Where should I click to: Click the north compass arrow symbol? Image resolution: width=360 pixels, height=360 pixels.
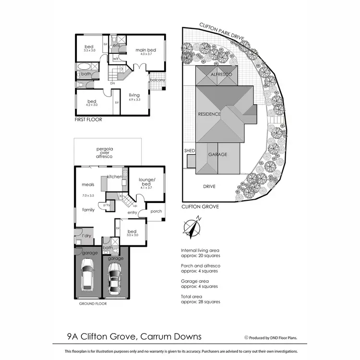click(x=193, y=228)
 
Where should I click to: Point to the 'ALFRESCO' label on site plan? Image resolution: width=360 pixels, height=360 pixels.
click(x=221, y=75)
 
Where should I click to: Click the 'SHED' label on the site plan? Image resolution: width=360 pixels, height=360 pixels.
click(x=190, y=151)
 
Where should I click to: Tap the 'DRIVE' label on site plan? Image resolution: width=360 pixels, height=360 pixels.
click(x=208, y=186)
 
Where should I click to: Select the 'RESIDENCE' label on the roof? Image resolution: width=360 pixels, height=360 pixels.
click(x=209, y=114)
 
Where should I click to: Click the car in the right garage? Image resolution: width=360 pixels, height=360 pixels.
click(x=115, y=278)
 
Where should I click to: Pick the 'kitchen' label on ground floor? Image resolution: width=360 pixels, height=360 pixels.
click(x=115, y=177)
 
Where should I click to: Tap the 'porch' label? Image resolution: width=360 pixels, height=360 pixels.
click(x=156, y=211)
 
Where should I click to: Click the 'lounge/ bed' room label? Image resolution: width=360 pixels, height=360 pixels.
click(x=145, y=183)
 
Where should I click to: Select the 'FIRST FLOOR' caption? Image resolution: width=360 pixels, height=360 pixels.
click(x=88, y=119)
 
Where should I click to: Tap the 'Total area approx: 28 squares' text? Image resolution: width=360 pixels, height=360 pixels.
click(x=200, y=299)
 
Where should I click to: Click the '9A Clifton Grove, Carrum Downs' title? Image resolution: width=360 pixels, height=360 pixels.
click(x=134, y=337)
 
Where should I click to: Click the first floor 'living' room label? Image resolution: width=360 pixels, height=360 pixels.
click(x=134, y=97)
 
